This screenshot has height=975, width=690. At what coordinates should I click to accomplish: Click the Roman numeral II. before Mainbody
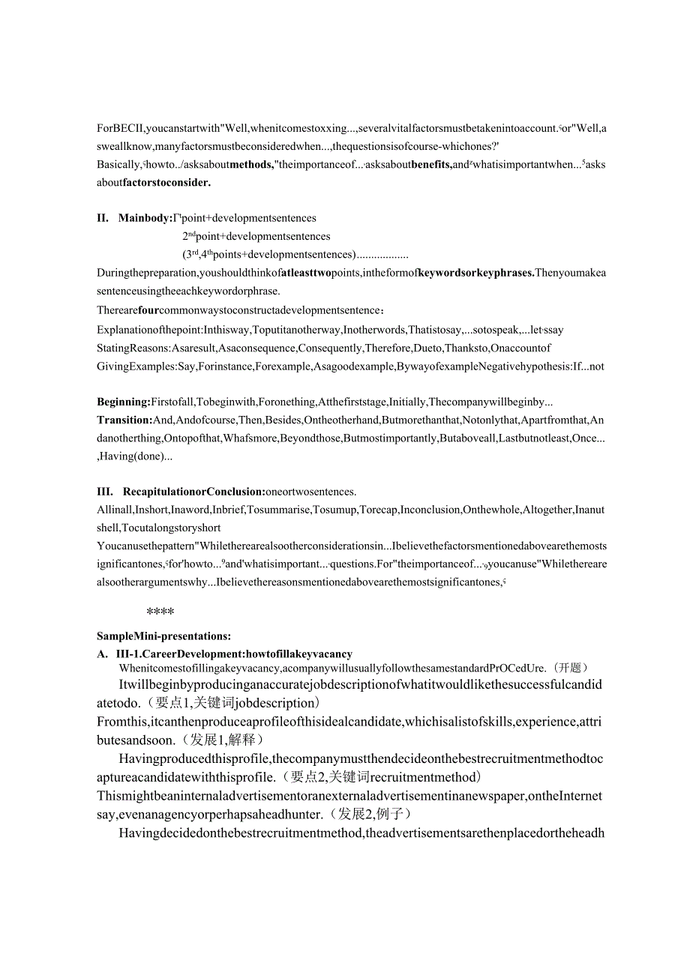[x=103, y=218]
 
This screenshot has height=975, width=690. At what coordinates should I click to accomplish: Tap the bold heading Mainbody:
[x=145, y=218]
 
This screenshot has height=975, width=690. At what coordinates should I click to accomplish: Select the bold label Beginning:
[x=124, y=401]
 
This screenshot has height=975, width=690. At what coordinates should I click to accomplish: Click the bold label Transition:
[x=124, y=420]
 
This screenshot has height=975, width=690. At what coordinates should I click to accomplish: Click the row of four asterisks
[x=160, y=612]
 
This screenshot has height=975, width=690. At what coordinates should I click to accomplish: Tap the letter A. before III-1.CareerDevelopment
[x=102, y=653]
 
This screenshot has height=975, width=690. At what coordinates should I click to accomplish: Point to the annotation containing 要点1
[x=234, y=703]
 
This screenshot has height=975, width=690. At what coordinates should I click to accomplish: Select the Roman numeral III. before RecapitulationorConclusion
[x=104, y=492]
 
